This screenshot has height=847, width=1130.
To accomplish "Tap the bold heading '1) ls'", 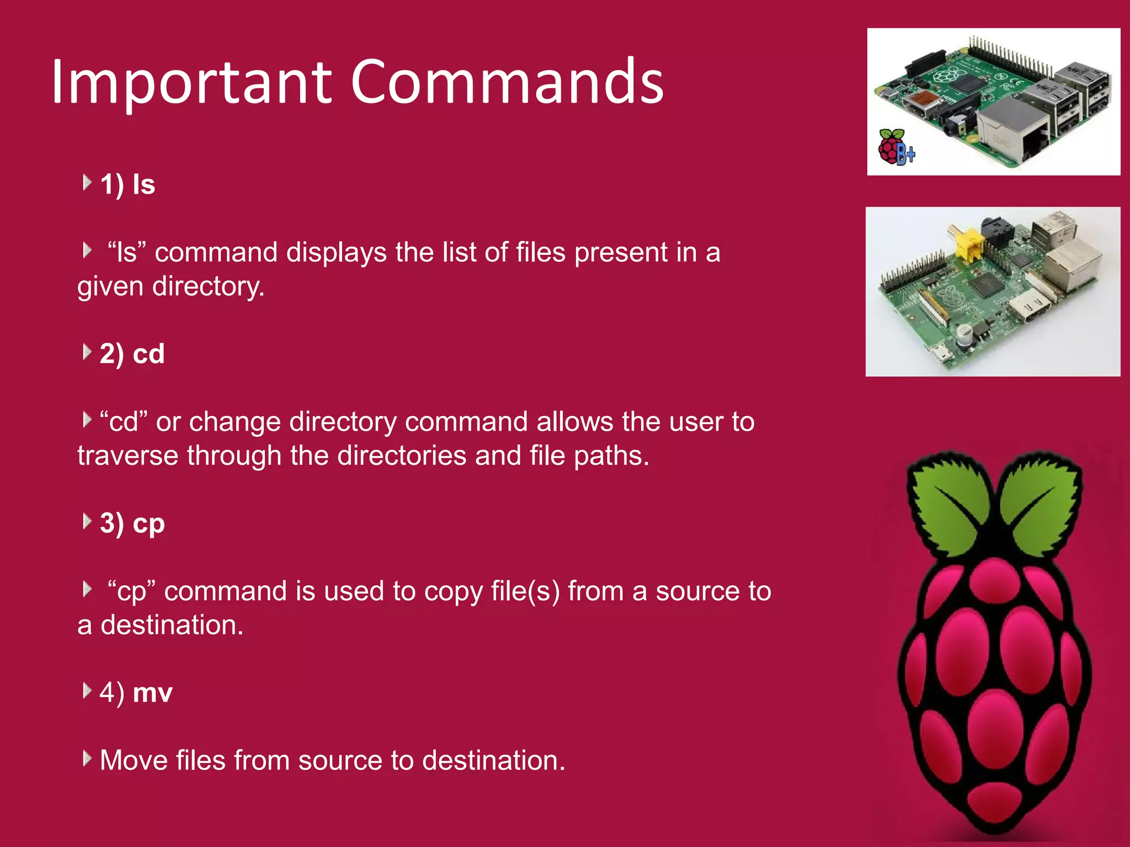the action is click(127, 184).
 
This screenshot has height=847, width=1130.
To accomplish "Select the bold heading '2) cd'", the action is click(132, 353).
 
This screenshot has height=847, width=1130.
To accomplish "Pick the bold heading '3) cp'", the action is click(132, 523).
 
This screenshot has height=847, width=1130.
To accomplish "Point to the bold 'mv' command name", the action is click(153, 693).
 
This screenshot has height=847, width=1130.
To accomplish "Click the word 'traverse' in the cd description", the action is click(127, 455).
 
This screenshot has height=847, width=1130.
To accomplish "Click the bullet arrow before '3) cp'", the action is click(87, 521).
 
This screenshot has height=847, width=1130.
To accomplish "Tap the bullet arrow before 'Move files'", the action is click(87, 759).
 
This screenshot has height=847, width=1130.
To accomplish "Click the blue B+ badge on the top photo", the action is click(905, 154).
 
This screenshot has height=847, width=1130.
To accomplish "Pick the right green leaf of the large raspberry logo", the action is click(1037, 502).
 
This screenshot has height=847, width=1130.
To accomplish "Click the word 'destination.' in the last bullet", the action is click(494, 760).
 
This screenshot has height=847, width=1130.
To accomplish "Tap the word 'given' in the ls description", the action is click(110, 287).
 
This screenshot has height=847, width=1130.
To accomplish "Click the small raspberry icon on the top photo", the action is click(890, 147).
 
